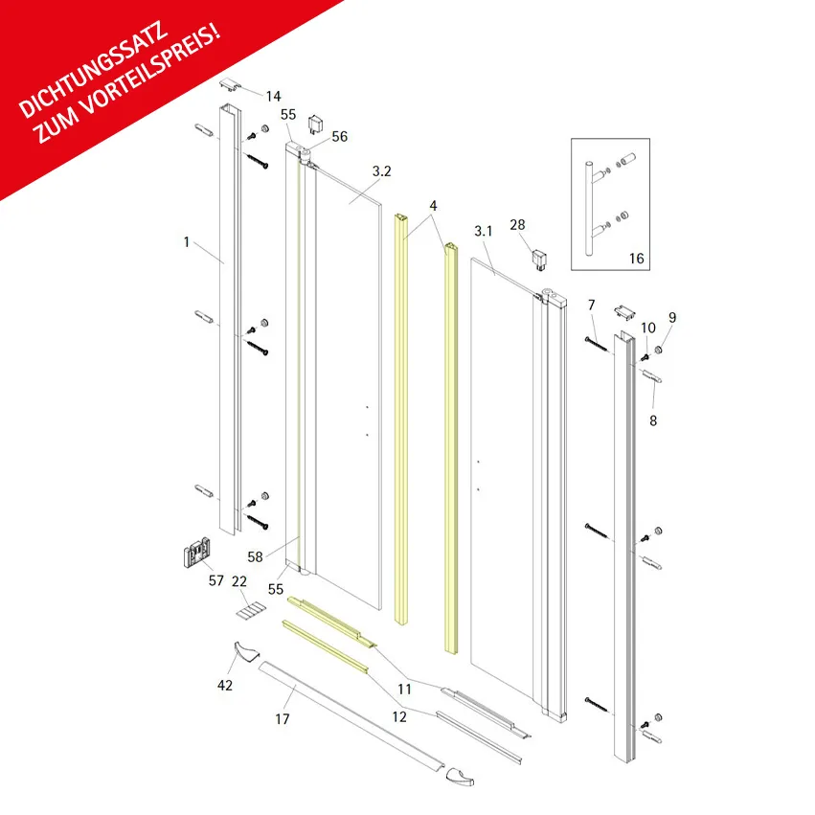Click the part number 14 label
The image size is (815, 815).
[273, 96]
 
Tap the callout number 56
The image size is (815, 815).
[339, 136]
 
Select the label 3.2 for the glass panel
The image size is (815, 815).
[381, 171]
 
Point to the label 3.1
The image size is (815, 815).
[484, 231]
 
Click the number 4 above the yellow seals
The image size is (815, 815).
[433, 205]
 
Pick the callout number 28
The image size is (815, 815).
[517, 224]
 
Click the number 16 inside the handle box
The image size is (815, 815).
[637, 259]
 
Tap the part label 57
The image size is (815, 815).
[216, 580]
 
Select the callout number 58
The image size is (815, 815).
[255, 556]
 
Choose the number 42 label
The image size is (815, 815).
[225, 685]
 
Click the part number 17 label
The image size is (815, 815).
[283, 719]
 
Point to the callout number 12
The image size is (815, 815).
[399, 716]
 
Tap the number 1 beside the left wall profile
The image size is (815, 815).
[187, 241]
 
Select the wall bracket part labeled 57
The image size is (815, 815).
[197, 552]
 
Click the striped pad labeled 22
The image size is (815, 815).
[252, 610]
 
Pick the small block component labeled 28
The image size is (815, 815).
[539, 260]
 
